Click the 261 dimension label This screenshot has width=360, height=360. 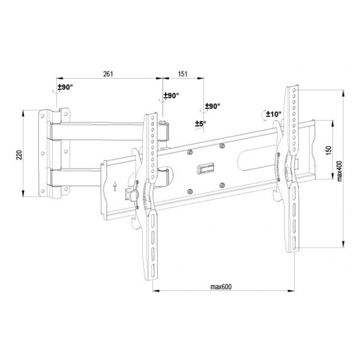pyautogui.click(x=108, y=74)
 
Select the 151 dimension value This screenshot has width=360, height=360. pyautogui.click(x=183, y=74)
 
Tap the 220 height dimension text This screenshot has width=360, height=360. pyautogui.click(x=19, y=155)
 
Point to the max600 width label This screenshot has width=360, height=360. pyautogui.click(x=221, y=287)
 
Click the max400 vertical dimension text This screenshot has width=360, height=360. pyautogui.click(x=340, y=171)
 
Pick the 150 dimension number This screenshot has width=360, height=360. pyautogui.click(x=329, y=151)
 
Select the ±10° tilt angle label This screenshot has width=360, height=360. pyautogui.click(x=274, y=114)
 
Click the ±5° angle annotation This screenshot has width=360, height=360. pyautogui.click(x=200, y=124)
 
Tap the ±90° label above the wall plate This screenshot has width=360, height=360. pyautogui.click(x=65, y=87)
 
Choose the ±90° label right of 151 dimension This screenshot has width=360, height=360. pyautogui.click(x=212, y=106)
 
